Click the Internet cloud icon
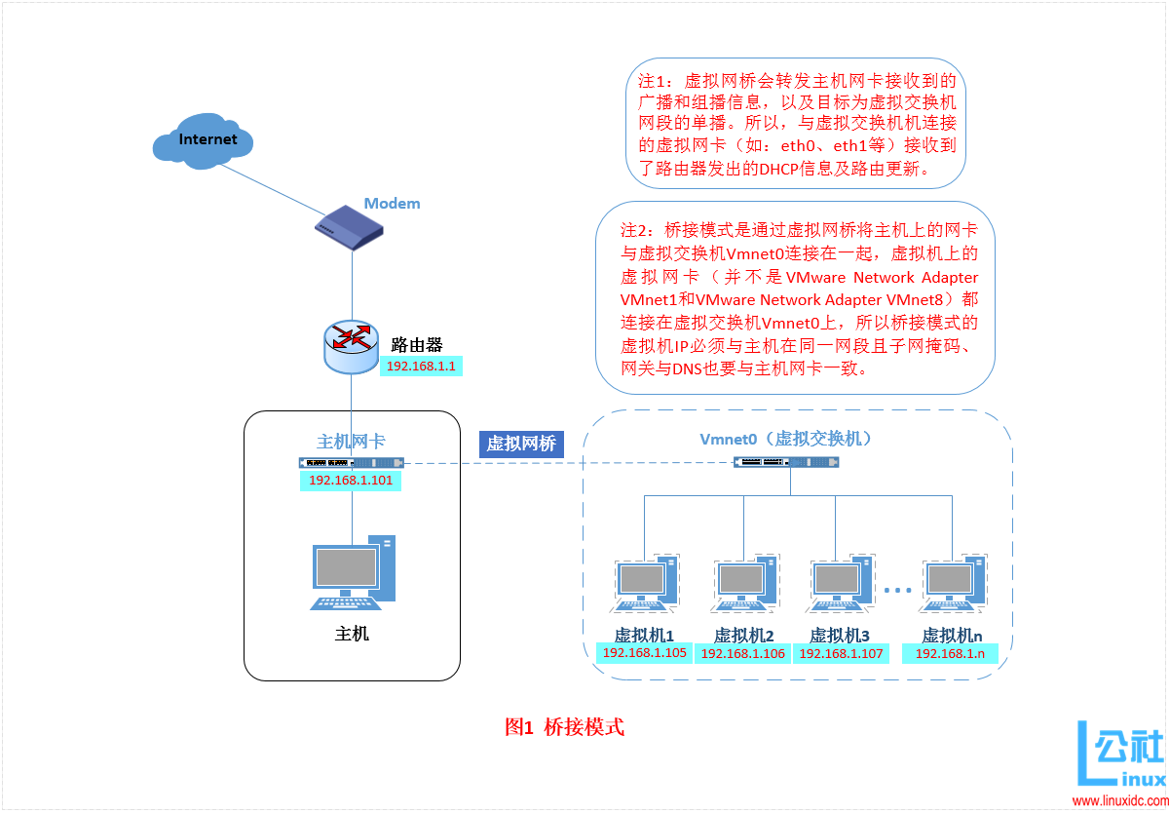(x=204, y=140)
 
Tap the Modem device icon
(x=349, y=227)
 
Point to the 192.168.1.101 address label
(x=350, y=481)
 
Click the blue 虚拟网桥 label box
(x=521, y=445)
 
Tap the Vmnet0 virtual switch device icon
(x=787, y=461)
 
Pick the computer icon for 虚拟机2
(x=743, y=586)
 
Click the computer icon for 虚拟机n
(x=952, y=586)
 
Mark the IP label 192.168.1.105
(x=645, y=653)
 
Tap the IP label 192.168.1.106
(x=743, y=653)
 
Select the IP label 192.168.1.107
(x=842, y=653)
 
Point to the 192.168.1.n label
(x=951, y=653)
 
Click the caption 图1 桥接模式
(x=564, y=727)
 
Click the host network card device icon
(x=351, y=463)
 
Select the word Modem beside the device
(x=392, y=204)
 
